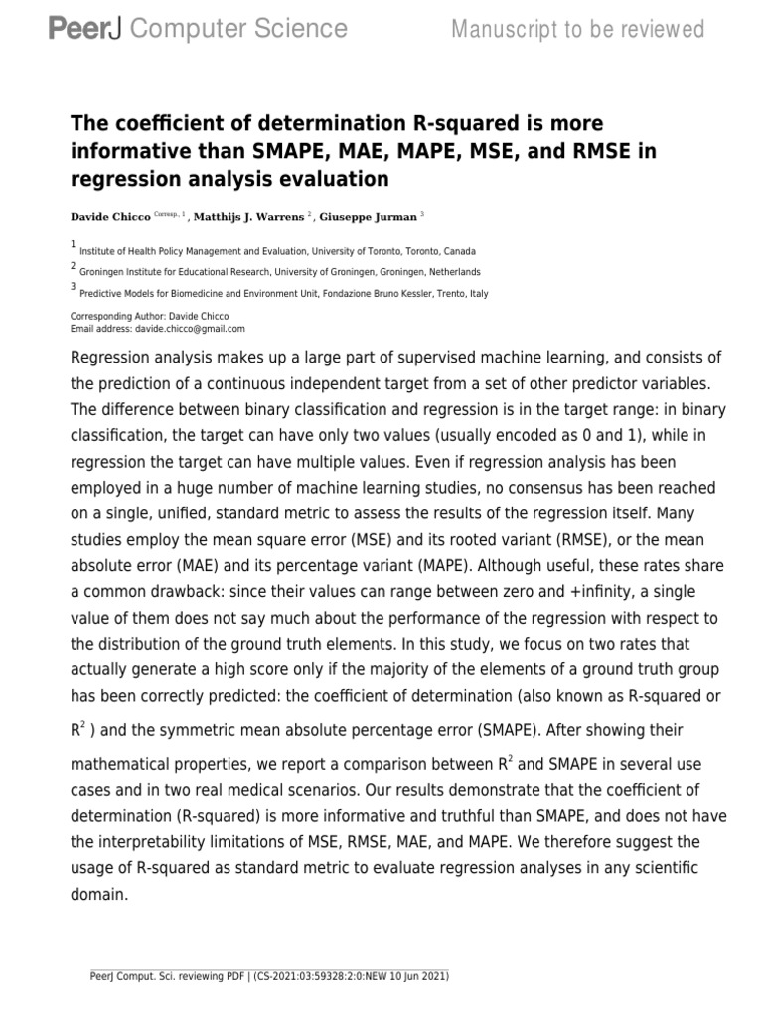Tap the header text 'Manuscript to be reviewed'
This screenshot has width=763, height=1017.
tap(577, 30)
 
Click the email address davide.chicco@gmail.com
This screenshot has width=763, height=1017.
tap(189, 328)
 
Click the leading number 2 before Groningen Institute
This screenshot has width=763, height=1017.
tap(73, 266)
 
